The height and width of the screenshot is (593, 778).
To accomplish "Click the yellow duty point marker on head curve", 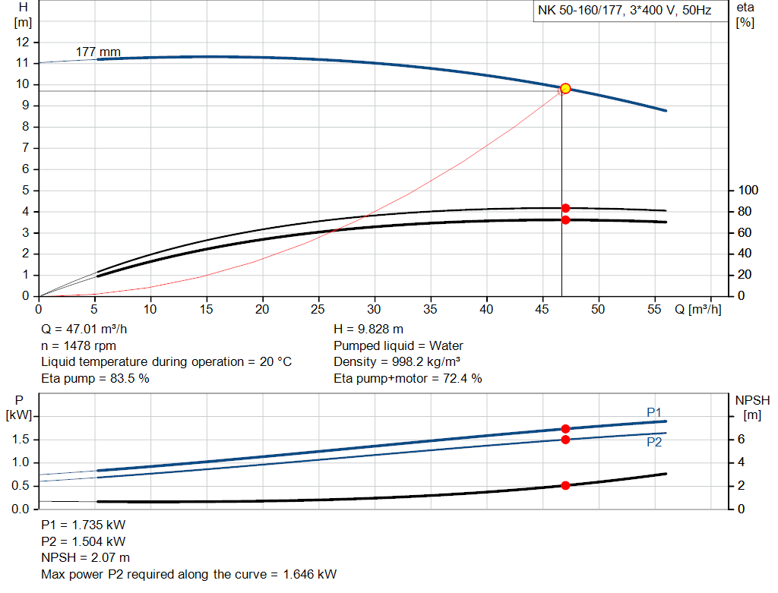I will pyautogui.click(x=565, y=89).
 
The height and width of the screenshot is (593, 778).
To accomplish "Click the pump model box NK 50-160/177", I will pyautogui.click(x=625, y=11).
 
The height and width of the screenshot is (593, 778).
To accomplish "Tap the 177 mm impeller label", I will pyautogui.click(x=98, y=52).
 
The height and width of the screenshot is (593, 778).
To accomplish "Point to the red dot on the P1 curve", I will pyautogui.click(x=565, y=429).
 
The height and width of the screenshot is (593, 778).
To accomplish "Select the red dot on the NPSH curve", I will pyautogui.click(x=565, y=485).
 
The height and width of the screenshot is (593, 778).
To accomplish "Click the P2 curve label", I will pyautogui.click(x=654, y=442).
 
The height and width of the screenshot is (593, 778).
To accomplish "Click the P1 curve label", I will pyautogui.click(x=654, y=412).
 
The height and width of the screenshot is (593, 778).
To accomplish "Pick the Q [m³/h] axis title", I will pyautogui.click(x=697, y=310).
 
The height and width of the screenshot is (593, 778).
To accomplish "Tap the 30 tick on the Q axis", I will pyautogui.click(x=375, y=310).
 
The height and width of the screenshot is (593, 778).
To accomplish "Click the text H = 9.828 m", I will pyautogui.click(x=368, y=330).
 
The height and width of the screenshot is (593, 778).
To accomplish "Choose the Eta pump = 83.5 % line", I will pyautogui.click(x=95, y=378).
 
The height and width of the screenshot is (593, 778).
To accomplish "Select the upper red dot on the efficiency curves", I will pyautogui.click(x=565, y=208).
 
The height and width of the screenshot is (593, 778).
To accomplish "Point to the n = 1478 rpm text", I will pyautogui.click(x=78, y=345).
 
